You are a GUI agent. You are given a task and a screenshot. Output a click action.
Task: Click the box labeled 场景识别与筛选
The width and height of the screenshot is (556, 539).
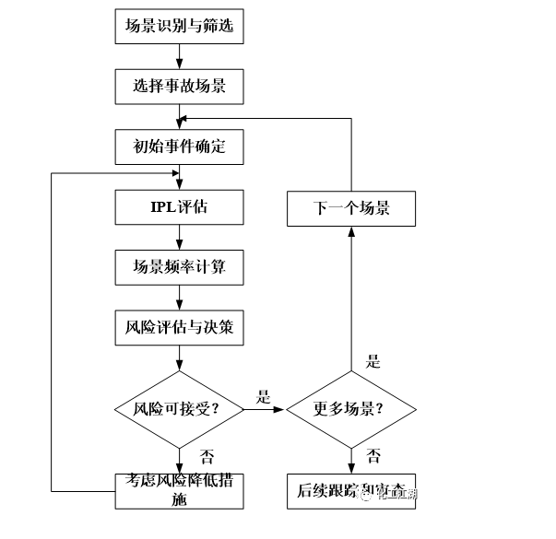[180, 27]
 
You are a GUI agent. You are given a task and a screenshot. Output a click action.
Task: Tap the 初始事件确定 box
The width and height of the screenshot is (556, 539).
[180, 146]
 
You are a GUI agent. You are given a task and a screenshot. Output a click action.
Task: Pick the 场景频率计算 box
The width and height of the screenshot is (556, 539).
[180, 267]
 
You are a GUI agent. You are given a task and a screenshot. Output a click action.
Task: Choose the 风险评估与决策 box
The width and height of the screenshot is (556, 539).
[180, 327]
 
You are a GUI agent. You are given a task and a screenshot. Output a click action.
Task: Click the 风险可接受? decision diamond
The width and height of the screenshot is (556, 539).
[179, 408]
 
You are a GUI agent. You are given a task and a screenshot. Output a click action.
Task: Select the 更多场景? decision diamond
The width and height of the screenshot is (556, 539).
[350, 408]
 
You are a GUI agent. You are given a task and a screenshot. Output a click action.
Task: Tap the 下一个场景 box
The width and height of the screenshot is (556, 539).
[350, 207]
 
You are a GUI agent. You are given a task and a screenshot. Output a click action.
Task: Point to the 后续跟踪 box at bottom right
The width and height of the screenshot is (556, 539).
[350, 490]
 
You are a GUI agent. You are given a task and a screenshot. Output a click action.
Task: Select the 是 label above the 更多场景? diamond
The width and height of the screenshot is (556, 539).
[373, 361]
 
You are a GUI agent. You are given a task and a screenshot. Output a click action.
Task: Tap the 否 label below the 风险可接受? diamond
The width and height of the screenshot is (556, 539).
[207, 456]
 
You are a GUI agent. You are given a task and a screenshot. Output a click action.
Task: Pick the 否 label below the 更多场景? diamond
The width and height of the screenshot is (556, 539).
[373, 456]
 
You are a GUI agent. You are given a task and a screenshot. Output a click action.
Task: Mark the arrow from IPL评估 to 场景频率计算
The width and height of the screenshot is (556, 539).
[180, 237]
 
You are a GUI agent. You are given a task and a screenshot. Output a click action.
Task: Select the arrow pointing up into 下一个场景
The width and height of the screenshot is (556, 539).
[350, 295]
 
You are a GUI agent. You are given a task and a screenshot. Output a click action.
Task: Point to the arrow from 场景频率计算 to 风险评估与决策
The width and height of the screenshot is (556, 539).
[180, 297]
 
